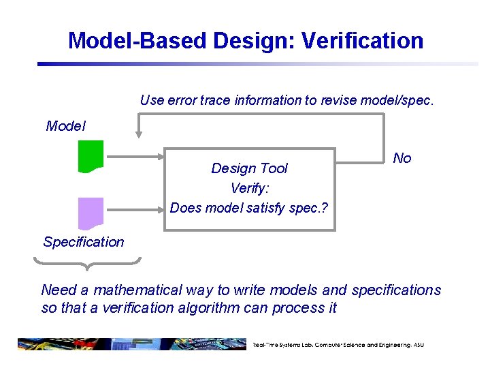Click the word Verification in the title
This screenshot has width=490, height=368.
click(x=362, y=41)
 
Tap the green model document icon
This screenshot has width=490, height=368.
click(x=91, y=156)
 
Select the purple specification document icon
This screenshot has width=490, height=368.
click(x=91, y=213)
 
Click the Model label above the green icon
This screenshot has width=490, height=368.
click(x=66, y=126)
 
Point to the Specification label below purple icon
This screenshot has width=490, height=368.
click(x=84, y=242)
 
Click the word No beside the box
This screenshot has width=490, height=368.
click(x=402, y=158)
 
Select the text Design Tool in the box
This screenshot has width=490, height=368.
click(x=249, y=168)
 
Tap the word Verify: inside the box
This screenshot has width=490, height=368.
click(x=249, y=188)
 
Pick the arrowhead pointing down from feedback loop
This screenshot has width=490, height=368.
click(x=139, y=134)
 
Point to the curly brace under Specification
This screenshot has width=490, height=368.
click(x=87, y=262)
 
